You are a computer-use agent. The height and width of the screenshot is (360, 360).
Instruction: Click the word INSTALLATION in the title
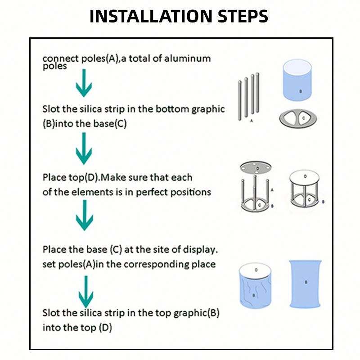point(151,16)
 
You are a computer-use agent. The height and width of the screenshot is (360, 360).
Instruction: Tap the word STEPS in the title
point(243,16)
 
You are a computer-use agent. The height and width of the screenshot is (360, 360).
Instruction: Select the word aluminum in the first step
point(187,58)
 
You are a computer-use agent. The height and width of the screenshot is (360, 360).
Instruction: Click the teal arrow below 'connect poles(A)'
point(84,83)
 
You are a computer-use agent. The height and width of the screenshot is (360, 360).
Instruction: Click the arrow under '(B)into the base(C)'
point(84,148)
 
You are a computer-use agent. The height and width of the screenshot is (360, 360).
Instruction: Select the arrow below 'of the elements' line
point(85,215)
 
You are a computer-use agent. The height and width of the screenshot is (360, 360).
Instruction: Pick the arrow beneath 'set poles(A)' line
point(86,292)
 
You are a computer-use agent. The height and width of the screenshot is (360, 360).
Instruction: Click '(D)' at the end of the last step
point(105,328)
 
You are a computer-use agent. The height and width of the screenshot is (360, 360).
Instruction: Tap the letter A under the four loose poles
point(252,121)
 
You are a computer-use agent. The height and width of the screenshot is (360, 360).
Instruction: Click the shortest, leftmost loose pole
point(240,100)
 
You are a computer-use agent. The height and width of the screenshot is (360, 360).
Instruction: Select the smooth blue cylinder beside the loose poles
point(297,80)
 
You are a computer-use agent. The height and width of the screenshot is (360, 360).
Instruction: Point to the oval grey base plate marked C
point(298,119)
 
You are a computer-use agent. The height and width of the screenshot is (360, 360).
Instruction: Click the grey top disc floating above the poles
point(256,167)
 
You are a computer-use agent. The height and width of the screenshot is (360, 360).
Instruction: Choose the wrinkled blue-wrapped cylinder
point(255,286)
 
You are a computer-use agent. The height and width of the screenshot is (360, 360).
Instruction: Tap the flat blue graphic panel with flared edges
point(305,284)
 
